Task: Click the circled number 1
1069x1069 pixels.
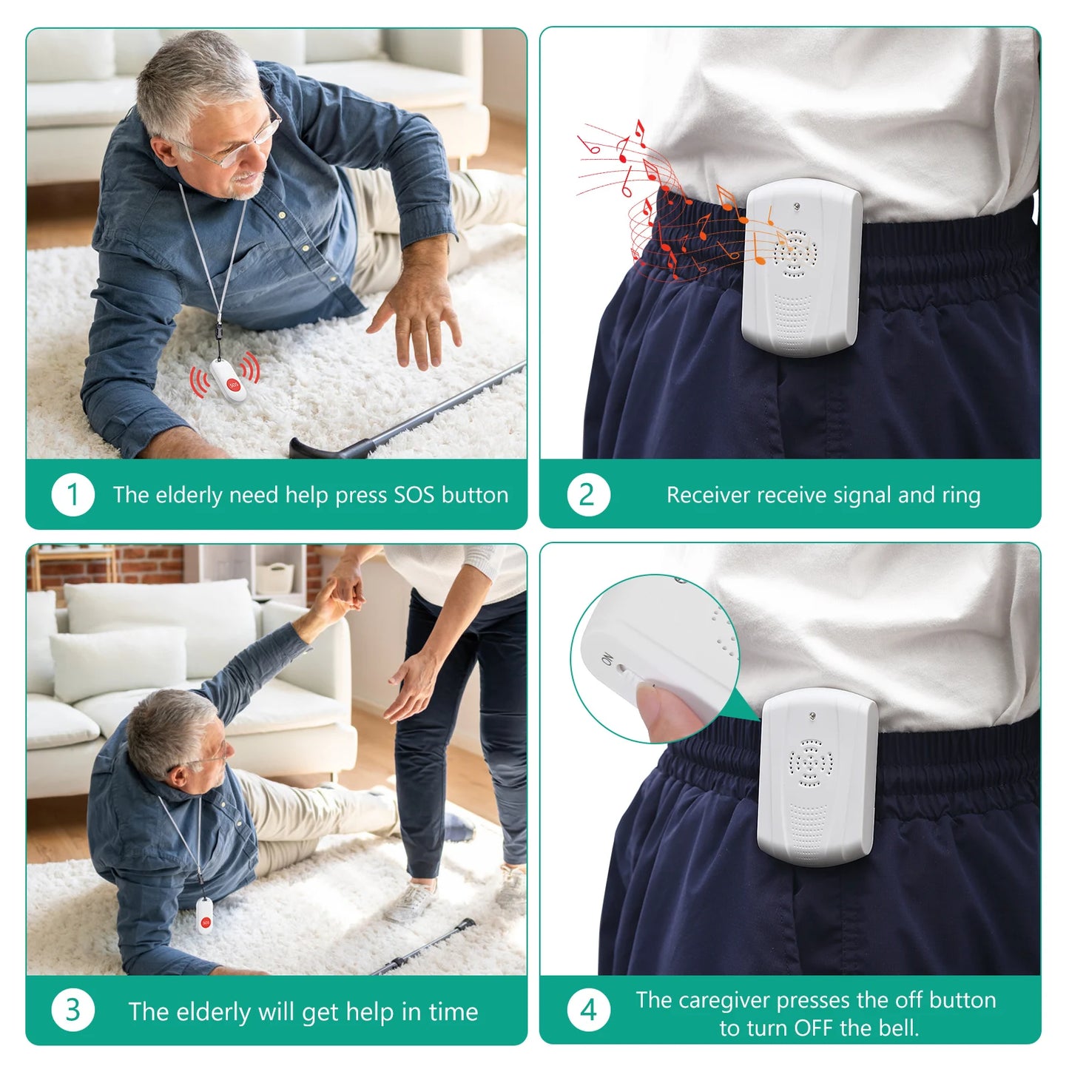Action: coord(72,495)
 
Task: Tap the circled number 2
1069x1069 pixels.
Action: coord(587,495)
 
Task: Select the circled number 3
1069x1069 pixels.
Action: coord(72,1011)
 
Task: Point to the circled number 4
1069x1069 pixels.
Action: coord(587,1011)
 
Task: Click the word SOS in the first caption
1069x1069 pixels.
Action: coord(414,495)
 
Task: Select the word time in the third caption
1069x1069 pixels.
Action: coord(452,1011)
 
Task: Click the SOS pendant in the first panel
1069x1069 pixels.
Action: coord(228,380)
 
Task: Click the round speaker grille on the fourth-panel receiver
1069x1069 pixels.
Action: coord(811,763)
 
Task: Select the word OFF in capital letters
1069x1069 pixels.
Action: coord(814,1028)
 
